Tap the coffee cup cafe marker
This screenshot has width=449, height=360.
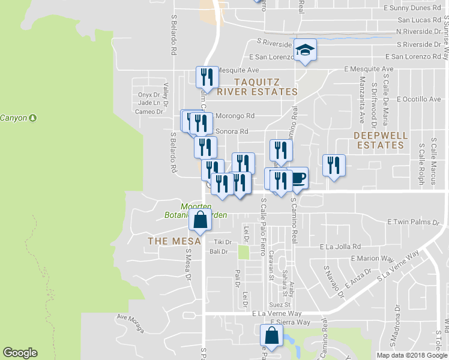tap(297, 178)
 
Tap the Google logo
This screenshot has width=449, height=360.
tap(20, 353)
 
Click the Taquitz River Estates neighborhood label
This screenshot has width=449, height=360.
tap(257, 86)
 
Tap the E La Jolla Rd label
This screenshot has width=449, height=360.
tap(340, 247)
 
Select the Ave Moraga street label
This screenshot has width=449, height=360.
tap(131, 323)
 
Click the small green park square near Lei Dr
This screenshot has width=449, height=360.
tap(243, 252)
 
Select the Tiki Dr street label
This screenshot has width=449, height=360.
tap(218, 242)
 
